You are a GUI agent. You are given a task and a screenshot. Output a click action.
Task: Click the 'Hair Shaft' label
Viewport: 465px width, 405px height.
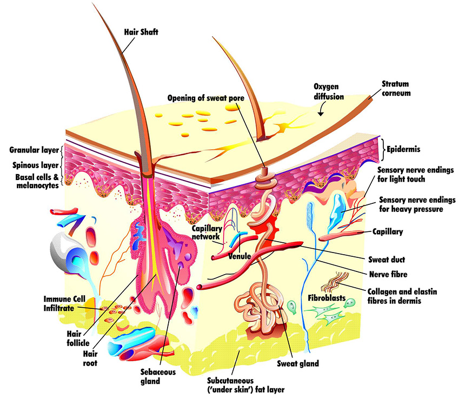tap(141, 32)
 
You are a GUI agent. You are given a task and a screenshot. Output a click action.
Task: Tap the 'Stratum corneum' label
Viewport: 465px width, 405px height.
tap(396, 88)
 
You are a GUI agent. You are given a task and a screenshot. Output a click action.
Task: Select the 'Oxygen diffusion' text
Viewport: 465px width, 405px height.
tap(329, 91)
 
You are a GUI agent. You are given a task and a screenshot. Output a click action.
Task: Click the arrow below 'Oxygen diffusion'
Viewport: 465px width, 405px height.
tap(320, 111)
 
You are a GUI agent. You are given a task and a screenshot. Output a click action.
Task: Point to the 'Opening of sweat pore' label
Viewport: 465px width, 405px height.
tap(206, 98)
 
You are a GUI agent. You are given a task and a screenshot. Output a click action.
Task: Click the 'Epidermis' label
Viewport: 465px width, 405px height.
tap(403, 149)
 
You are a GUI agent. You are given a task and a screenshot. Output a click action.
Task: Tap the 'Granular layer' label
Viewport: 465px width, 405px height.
tap(34, 150)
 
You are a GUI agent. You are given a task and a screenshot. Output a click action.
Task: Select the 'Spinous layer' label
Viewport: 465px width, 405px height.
tap(35, 165)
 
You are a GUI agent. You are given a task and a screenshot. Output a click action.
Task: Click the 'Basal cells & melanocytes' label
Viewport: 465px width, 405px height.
tap(37, 181)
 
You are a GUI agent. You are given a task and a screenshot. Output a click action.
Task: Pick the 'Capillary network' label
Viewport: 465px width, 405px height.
tap(207, 233)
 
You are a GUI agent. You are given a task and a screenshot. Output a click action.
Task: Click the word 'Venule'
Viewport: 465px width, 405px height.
tap(240, 256)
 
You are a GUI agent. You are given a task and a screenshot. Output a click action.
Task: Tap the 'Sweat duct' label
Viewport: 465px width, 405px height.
tap(387, 260)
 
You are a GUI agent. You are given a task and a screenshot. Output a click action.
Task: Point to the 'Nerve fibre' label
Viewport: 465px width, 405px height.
tap(388, 274)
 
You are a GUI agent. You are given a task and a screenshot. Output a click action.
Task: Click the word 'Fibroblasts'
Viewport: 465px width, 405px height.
tap(327, 298)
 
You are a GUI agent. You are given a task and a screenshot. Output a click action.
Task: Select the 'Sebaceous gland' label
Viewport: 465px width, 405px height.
tap(158, 376)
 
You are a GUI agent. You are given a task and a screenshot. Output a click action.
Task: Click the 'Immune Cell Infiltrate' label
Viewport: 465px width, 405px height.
tap(64, 303)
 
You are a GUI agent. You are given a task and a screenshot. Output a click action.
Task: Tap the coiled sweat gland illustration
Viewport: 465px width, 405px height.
tap(261, 308)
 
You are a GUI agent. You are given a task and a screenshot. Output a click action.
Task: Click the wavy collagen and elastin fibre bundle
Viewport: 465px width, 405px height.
tap(335, 282)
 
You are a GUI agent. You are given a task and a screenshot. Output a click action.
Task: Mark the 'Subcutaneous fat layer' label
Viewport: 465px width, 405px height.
tap(246, 385)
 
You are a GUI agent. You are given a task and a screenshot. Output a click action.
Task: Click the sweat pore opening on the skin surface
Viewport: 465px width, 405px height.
tap(265, 171)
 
